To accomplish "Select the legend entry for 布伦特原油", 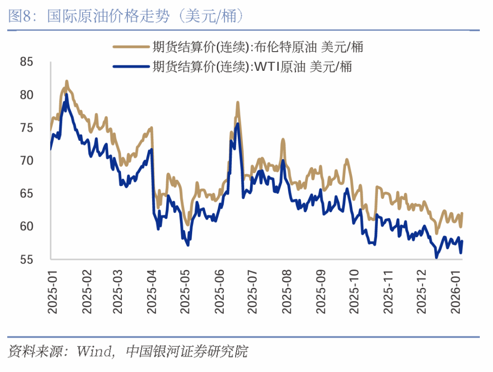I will [x=258, y=47].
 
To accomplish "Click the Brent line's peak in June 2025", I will [x=238, y=102].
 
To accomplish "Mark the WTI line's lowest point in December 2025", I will [x=436, y=258].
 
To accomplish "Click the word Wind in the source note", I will [x=94, y=352].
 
